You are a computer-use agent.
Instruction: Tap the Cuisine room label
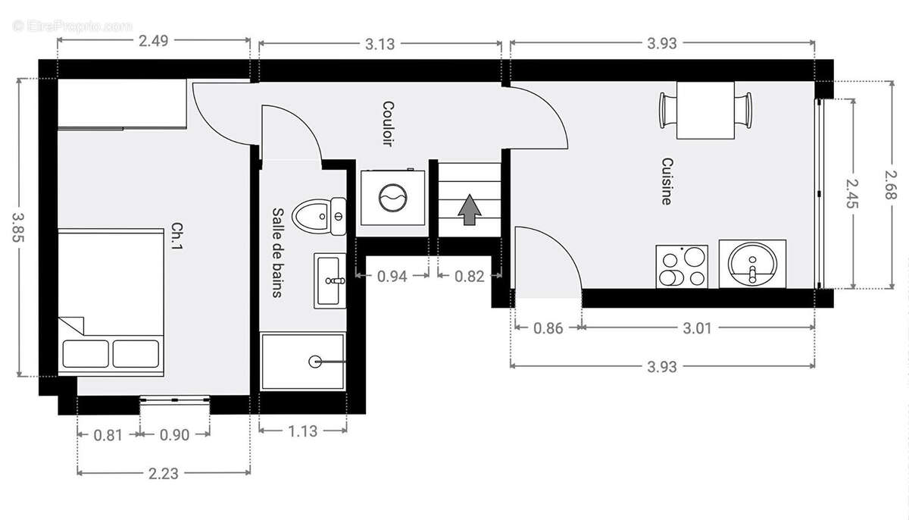[x=667, y=181]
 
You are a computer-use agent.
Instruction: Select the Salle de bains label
[x=277, y=252]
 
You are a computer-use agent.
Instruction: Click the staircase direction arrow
[x=469, y=209]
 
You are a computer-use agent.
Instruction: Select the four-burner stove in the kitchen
[x=682, y=267]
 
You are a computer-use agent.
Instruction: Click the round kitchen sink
[x=752, y=264]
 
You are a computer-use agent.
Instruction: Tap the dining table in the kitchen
[x=706, y=111]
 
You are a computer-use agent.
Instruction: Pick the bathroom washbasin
[x=330, y=280]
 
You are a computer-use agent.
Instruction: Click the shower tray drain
[x=315, y=362]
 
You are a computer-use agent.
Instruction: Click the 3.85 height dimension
[x=19, y=227]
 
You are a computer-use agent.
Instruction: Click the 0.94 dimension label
[x=392, y=277]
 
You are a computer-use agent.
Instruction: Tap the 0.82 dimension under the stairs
[x=470, y=277]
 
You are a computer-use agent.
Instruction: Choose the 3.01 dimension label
[x=697, y=328]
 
